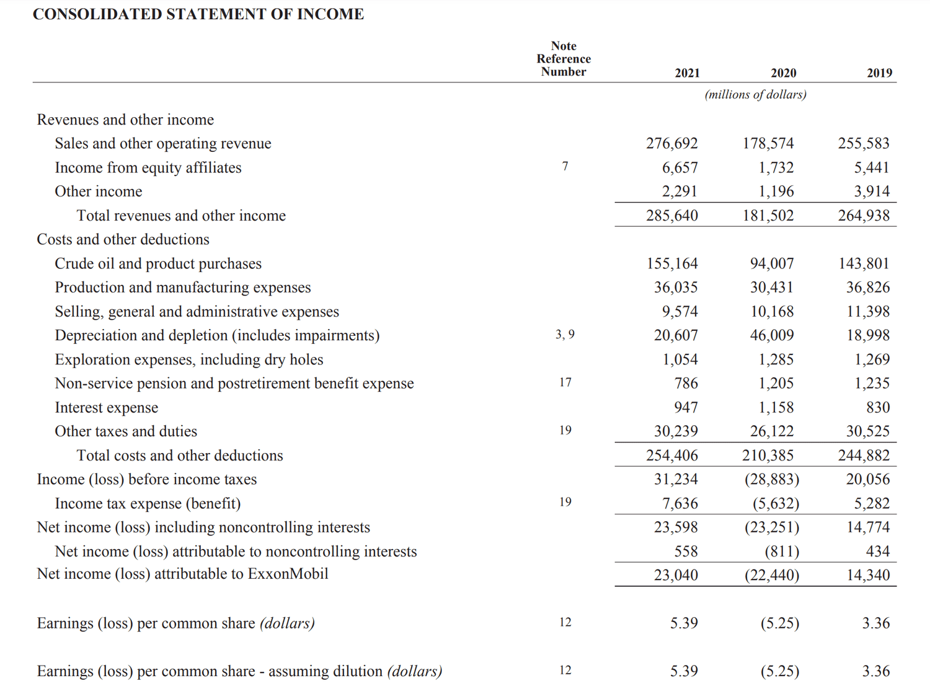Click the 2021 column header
point(687,73)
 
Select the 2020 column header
point(783,73)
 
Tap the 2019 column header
point(879,73)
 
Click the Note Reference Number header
point(564,59)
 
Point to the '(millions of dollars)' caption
point(755,95)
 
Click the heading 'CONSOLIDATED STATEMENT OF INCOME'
point(198,14)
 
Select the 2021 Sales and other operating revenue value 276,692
point(671,144)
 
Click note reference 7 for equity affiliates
point(565,167)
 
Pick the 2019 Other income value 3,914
point(871,191)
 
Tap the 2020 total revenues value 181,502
point(768,216)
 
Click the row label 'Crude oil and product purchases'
point(158,264)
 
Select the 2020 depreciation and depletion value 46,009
point(771,335)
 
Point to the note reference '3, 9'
point(565,335)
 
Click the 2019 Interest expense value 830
point(877,408)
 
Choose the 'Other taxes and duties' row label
point(126,431)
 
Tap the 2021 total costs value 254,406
point(671,456)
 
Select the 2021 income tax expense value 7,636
point(680,504)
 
